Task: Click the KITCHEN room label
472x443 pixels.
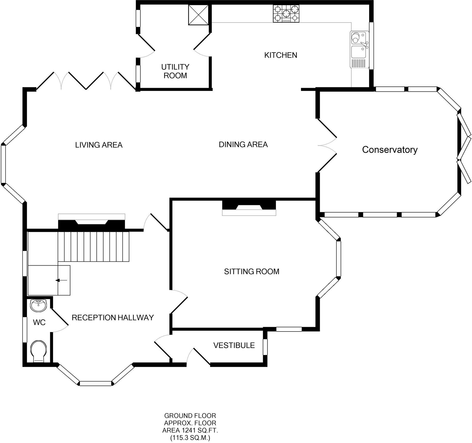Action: (x=281, y=55)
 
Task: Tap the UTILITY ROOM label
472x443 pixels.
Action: (x=175, y=71)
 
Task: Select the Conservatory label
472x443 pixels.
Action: (x=390, y=150)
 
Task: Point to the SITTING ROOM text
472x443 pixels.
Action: (x=251, y=271)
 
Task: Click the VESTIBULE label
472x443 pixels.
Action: (x=234, y=345)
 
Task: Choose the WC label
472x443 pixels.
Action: (x=39, y=322)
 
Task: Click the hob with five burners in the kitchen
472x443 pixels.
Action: (x=286, y=13)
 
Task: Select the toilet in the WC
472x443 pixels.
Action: (x=39, y=351)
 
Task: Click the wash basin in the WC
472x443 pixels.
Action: (x=38, y=305)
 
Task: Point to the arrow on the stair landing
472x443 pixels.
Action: (x=62, y=280)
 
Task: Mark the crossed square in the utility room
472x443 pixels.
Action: (x=198, y=15)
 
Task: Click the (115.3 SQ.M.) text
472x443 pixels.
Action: (x=190, y=438)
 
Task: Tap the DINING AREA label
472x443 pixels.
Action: (x=243, y=144)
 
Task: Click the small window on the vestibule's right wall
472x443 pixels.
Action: (x=265, y=347)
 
